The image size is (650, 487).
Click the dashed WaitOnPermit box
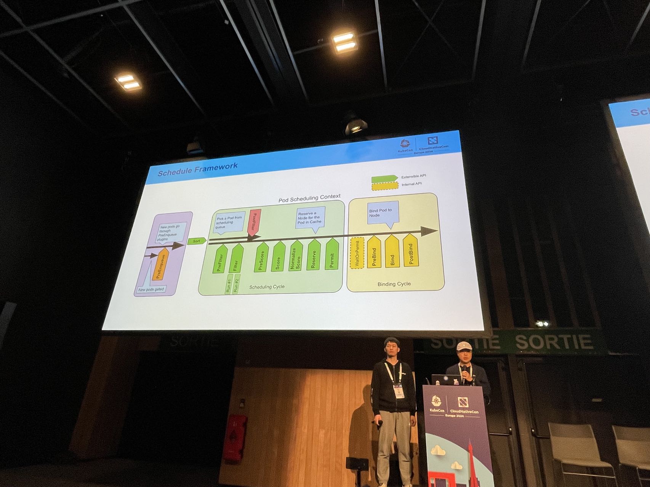point(357,253)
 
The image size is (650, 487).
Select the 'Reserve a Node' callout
point(310,218)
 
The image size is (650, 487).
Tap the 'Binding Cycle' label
point(394,284)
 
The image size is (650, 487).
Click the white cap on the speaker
point(463,346)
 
